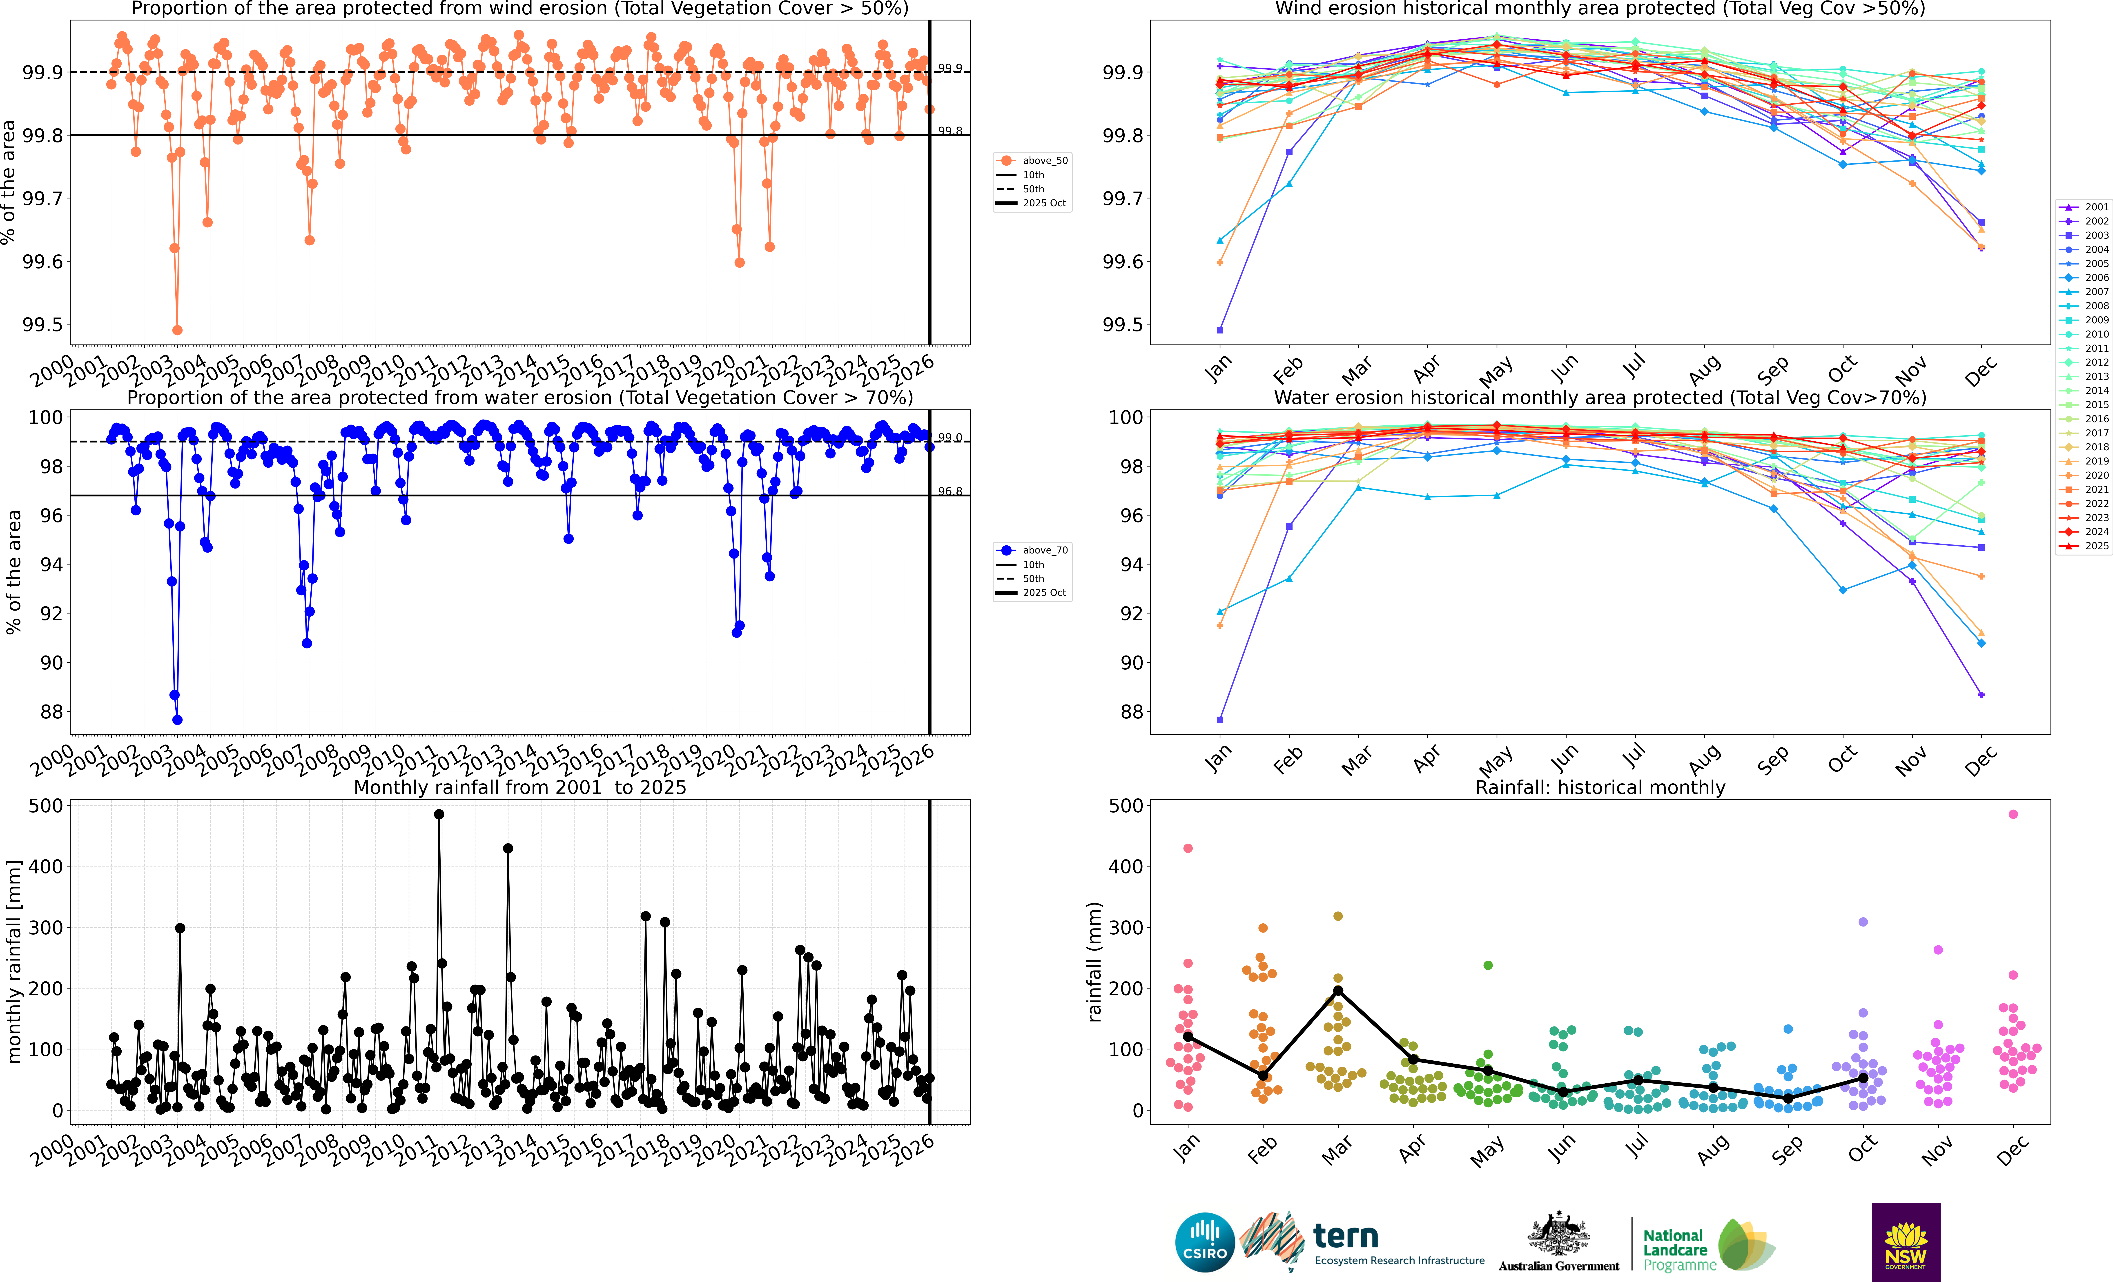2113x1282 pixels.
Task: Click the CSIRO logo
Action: point(1205,1242)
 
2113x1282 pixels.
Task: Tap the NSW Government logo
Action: point(1906,1242)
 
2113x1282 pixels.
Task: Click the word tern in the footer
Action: point(1346,1236)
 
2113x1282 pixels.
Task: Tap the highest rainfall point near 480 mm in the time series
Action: point(439,815)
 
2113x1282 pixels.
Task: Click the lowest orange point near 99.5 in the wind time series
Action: point(178,330)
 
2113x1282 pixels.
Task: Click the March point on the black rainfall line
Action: point(1338,991)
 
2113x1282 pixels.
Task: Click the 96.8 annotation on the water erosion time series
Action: point(949,491)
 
